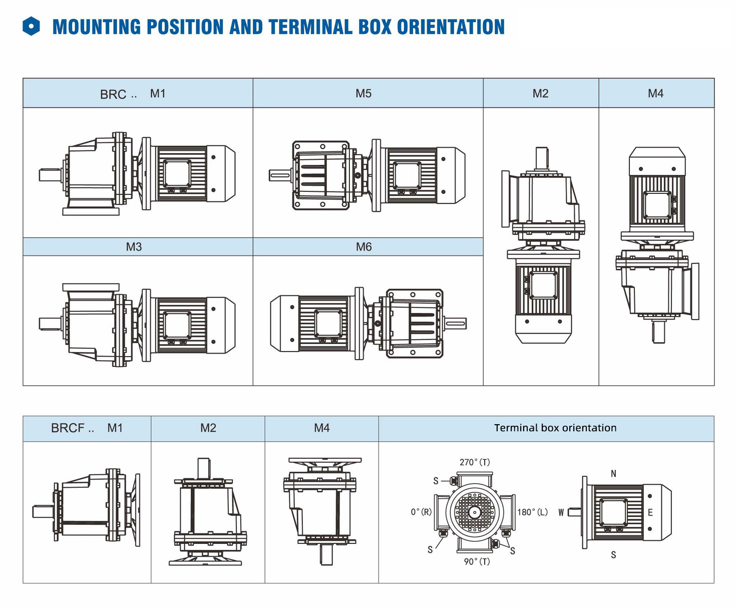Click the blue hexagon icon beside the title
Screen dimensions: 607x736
[31, 27]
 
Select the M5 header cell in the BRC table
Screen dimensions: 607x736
[363, 94]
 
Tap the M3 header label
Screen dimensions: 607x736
[134, 247]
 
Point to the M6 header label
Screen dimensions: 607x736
[363, 247]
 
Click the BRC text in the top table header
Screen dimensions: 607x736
[113, 94]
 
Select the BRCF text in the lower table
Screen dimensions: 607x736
[68, 428]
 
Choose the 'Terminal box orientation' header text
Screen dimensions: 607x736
[555, 428]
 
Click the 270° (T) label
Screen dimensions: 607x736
[475, 462]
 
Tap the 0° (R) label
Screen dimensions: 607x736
[421, 512]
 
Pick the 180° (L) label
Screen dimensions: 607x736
[532, 512]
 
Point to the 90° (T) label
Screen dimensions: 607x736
[477, 561]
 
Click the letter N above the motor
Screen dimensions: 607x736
[613, 474]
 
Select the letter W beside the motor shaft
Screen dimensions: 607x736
[561, 512]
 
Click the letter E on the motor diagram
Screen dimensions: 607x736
[650, 512]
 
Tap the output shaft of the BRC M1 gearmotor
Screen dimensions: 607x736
[50, 175]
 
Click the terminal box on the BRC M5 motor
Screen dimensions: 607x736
[407, 176]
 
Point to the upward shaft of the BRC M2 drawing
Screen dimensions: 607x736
[541, 158]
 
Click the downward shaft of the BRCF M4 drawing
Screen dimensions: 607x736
[326, 554]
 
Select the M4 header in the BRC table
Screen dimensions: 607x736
[655, 94]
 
